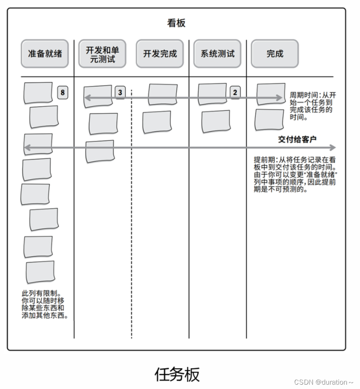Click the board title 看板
176,23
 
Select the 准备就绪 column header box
45,54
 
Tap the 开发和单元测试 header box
102,54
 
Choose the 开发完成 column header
160,54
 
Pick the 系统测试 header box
217,54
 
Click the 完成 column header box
275,54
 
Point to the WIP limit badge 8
62,92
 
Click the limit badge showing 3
120,92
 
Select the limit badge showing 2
235,92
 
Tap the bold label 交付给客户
297,139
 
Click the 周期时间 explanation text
311,106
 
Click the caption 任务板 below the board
177,374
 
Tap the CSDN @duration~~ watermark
323,382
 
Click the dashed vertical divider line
132,218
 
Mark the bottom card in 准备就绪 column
40,272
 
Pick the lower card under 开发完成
157,122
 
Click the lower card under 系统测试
216,121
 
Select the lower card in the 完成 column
269,119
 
